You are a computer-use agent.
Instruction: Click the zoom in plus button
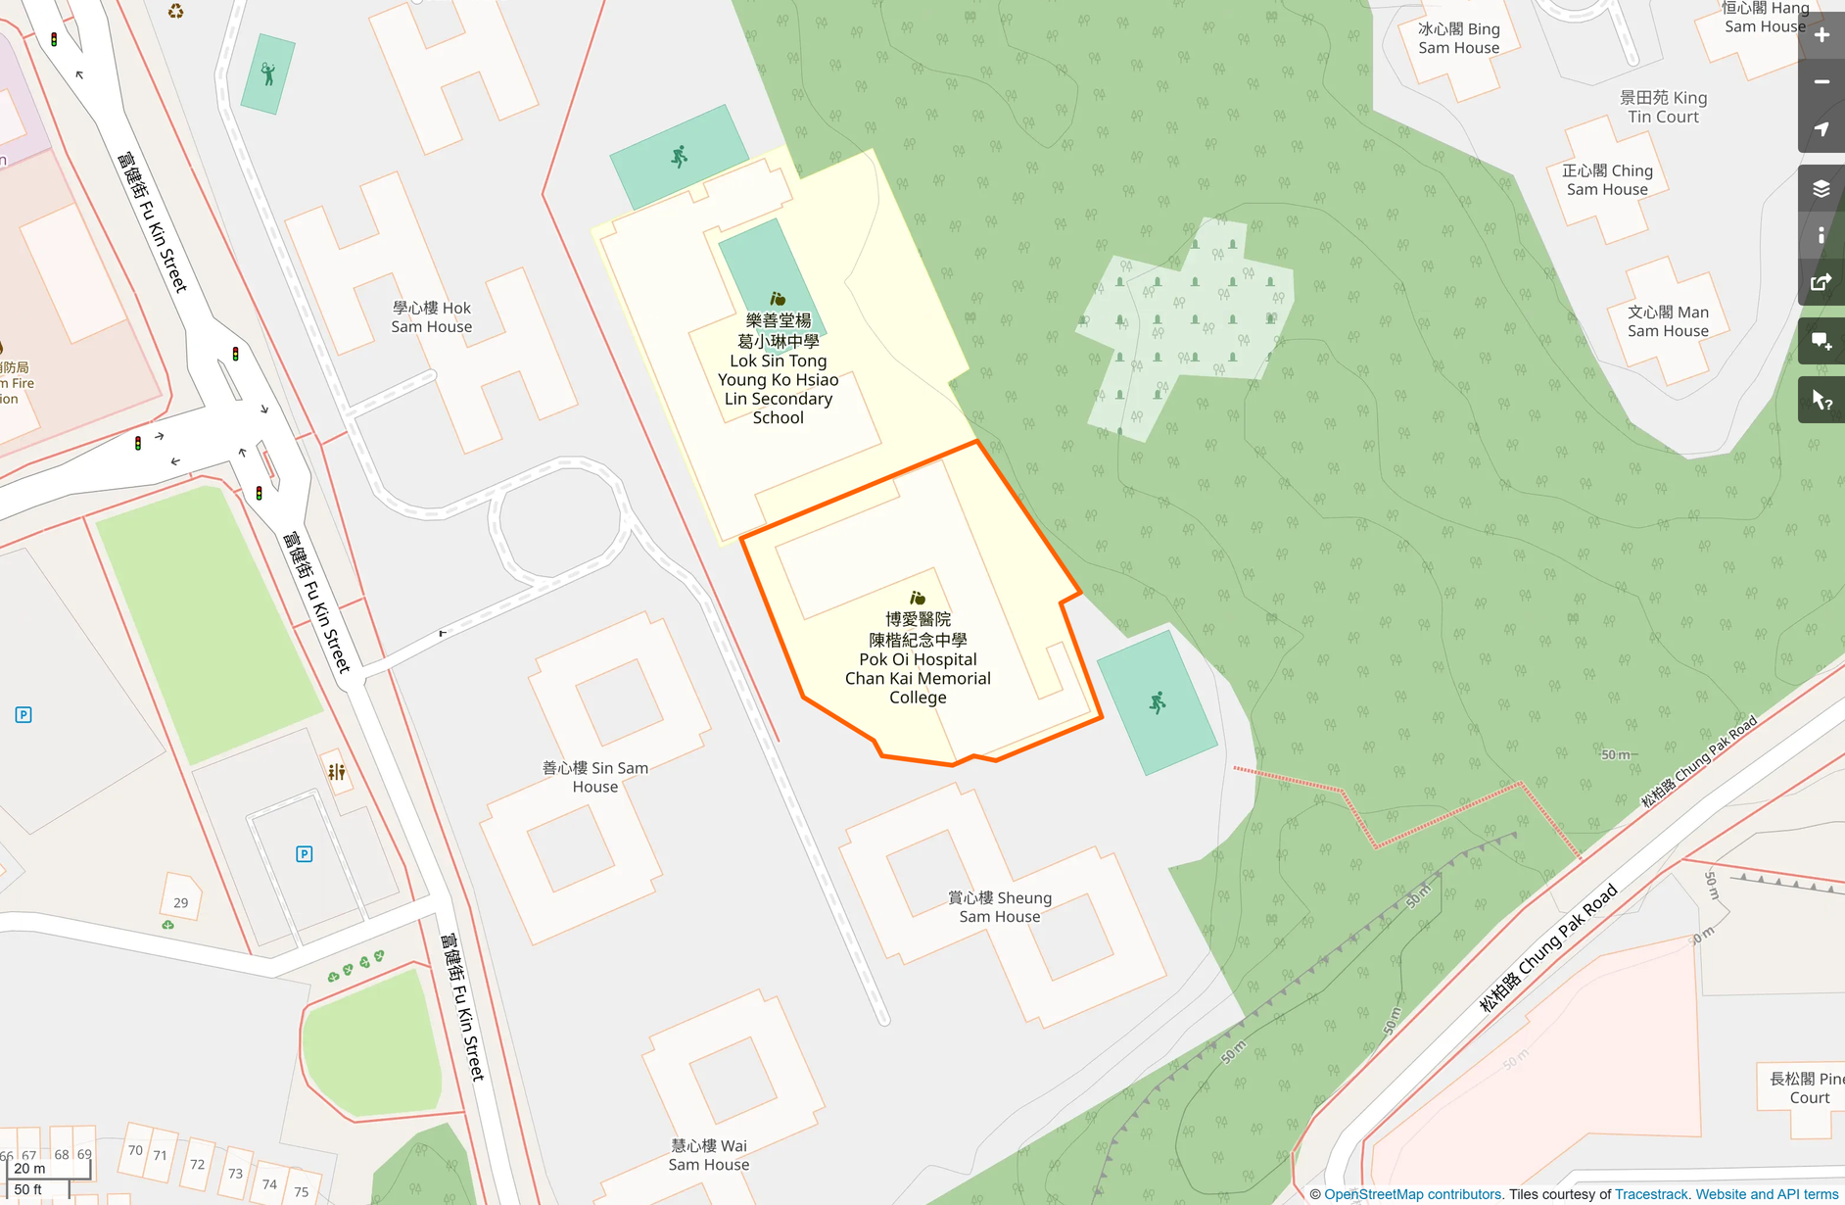pos(1821,35)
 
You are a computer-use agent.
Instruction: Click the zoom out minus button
pos(1821,82)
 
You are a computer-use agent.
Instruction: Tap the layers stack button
pos(1821,188)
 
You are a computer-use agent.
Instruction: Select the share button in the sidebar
pos(1821,283)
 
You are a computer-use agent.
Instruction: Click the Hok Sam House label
pos(431,317)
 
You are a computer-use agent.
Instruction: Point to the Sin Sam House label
pos(595,777)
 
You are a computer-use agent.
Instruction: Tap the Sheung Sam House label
pos(999,907)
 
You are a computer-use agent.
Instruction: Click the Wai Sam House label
pos(709,1155)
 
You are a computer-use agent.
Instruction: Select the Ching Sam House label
pos(1607,180)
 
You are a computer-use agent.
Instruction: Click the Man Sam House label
pos(1668,321)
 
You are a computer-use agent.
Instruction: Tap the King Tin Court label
pos(1663,107)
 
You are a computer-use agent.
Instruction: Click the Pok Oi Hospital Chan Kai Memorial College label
pos(918,658)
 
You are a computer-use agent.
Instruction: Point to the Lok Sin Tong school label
pos(778,369)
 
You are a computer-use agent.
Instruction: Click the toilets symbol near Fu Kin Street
pos(337,772)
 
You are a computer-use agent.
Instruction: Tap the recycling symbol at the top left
pos(175,12)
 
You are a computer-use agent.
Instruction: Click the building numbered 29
pos(181,902)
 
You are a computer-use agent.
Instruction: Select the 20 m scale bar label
pos(30,1168)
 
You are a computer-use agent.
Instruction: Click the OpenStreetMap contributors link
pos(1412,1194)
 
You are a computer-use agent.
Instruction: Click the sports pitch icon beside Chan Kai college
pos(1158,702)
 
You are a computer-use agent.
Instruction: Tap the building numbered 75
pos(302,1191)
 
